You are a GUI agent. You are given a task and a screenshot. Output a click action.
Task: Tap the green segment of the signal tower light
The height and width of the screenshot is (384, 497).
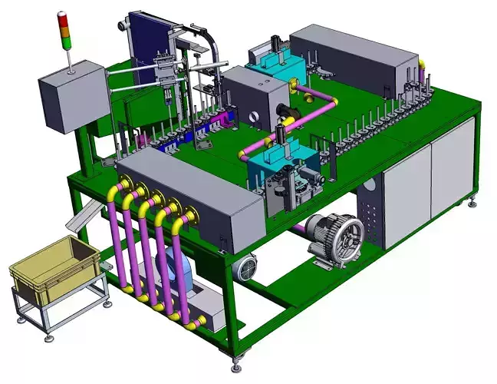(x=64, y=36)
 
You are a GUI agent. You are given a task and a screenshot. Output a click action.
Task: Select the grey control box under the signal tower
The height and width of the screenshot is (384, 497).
(x=72, y=98)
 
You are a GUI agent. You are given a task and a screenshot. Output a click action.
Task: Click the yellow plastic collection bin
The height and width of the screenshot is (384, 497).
(x=54, y=266)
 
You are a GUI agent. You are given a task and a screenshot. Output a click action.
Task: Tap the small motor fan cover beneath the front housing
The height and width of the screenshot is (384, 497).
(x=246, y=267)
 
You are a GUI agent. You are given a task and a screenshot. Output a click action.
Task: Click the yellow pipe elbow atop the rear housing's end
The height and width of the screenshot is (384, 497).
(x=420, y=65)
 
